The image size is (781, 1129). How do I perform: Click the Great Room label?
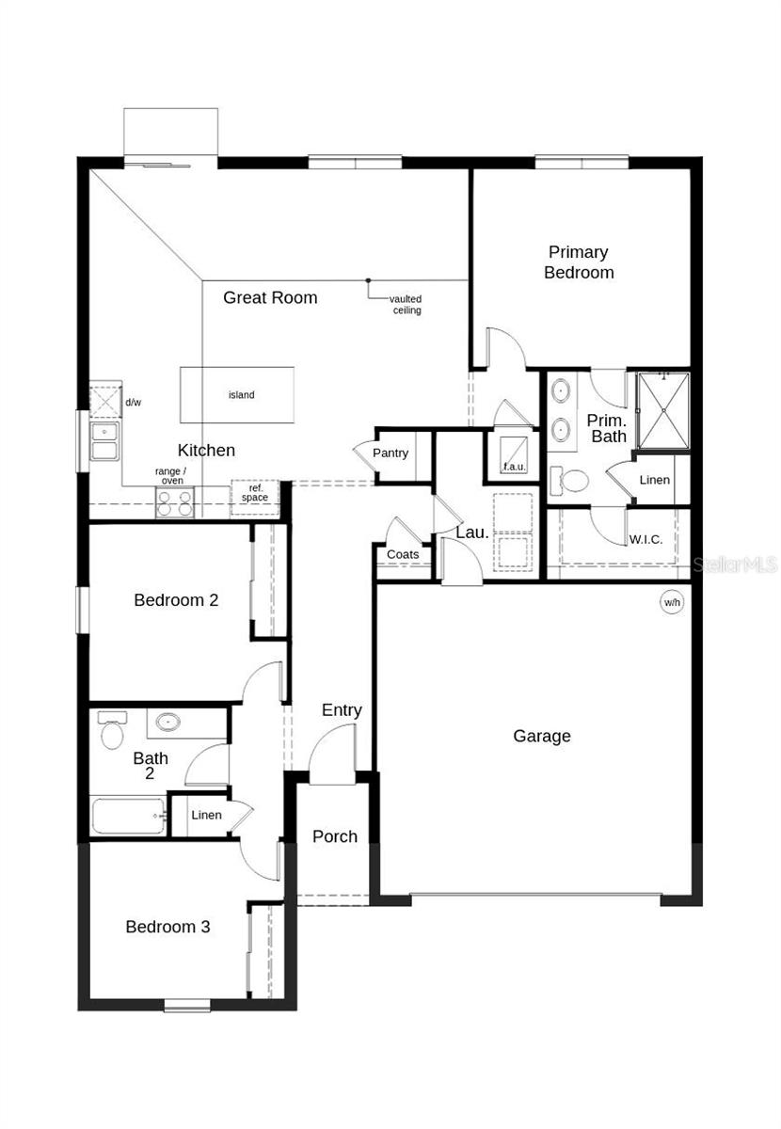tap(270, 298)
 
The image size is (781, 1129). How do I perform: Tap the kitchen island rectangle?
tap(237, 395)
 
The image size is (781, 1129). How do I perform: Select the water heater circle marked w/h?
tap(672, 603)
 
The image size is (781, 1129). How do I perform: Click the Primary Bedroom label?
tap(579, 262)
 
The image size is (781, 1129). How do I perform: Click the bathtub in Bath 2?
tap(128, 815)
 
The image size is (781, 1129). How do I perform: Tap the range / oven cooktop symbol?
tap(174, 503)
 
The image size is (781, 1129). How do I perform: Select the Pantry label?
tap(390, 453)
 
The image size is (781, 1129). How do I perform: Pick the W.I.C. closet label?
tap(646, 540)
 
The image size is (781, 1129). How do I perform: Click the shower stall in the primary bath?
tap(663, 410)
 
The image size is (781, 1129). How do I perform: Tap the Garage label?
tap(542, 737)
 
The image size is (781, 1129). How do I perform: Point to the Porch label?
tap(335, 836)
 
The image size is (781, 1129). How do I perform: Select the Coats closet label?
tap(403, 555)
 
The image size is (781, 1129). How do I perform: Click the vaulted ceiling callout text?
tap(406, 305)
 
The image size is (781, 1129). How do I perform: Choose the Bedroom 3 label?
tap(167, 927)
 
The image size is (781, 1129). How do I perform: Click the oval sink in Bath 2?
tap(167, 723)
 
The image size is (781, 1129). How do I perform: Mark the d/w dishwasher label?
tap(134, 403)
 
